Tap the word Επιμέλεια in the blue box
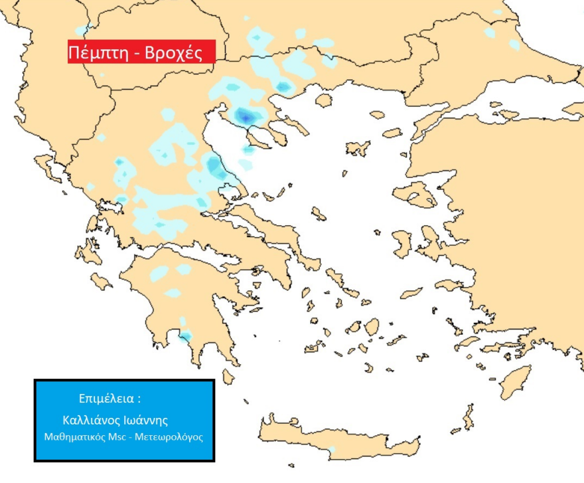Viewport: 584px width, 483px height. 107,399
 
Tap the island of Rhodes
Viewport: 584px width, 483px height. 515,381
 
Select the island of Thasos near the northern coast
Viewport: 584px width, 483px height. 324,101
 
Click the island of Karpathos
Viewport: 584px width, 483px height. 469,419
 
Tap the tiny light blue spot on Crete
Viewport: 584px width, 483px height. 331,450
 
